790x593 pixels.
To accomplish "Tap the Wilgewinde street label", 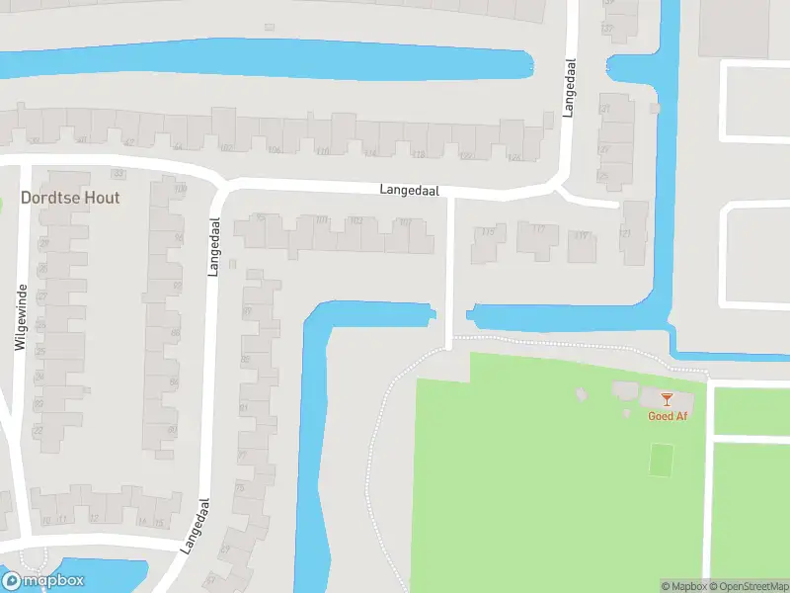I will (x=19, y=317).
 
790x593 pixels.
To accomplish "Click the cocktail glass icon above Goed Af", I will (x=667, y=399).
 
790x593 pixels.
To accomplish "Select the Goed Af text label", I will (x=667, y=416).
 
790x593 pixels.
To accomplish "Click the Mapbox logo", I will (x=43, y=581).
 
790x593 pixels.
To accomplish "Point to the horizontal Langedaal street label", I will (x=410, y=190).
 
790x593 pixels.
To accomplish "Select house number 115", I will (x=487, y=232).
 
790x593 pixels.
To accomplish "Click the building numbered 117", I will (x=538, y=229).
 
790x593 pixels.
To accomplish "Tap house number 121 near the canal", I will (x=624, y=233).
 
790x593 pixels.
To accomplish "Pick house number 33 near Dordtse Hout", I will (x=118, y=174).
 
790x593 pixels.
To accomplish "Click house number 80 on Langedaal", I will (x=172, y=429).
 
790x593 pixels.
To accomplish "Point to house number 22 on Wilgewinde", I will (x=39, y=432).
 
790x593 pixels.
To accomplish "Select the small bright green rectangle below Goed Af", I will (x=662, y=459).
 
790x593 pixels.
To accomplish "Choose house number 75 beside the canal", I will (x=239, y=488).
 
